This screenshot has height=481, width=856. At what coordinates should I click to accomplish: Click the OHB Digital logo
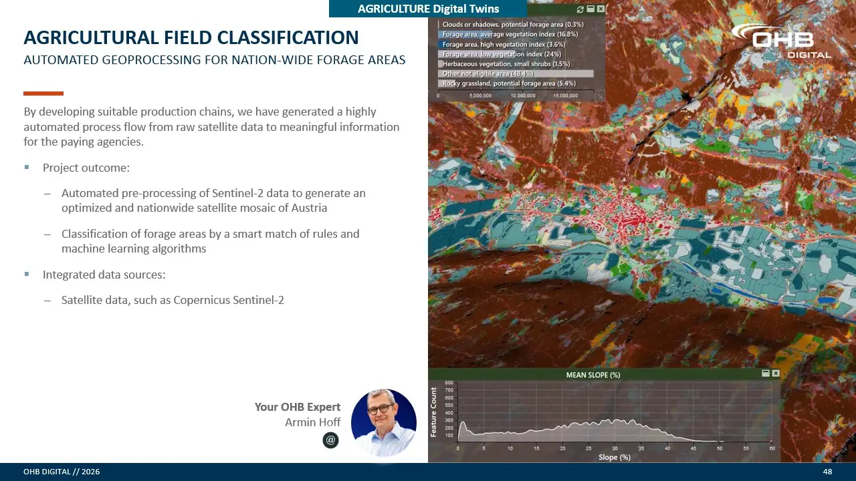pyautogui.click(x=781, y=41)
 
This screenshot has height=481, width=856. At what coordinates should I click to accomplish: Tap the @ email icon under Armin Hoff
pyautogui.click(x=330, y=440)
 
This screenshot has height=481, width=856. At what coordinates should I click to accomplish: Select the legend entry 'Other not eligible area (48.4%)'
pyautogui.click(x=488, y=73)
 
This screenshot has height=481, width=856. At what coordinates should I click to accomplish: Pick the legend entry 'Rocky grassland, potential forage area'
pyautogui.click(x=509, y=84)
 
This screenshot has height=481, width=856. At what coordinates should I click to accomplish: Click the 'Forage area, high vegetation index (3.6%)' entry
pyautogui.click(x=504, y=44)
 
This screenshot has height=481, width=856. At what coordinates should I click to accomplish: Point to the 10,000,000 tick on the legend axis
pyautogui.click(x=523, y=96)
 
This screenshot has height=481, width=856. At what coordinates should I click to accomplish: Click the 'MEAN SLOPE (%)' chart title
pyautogui.click(x=593, y=375)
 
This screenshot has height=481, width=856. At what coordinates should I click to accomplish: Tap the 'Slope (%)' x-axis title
pyautogui.click(x=614, y=457)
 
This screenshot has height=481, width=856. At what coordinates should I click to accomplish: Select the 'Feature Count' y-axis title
pyautogui.click(x=433, y=412)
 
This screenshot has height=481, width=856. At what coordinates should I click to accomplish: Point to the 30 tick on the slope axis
pyautogui.click(x=615, y=448)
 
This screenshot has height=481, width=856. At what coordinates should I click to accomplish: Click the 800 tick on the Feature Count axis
pyautogui.click(x=449, y=383)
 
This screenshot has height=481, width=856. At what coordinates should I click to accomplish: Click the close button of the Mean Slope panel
pyautogui.click(x=775, y=373)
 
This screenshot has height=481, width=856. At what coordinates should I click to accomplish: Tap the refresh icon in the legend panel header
pyautogui.click(x=580, y=9)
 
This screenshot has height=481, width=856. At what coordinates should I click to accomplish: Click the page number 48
pyautogui.click(x=827, y=472)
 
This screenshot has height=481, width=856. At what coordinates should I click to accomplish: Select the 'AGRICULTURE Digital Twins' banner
pyautogui.click(x=428, y=9)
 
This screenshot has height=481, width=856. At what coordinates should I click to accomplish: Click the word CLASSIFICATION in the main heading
pyautogui.click(x=288, y=37)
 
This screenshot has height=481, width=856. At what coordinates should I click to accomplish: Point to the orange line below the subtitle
pyautogui.click(x=43, y=94)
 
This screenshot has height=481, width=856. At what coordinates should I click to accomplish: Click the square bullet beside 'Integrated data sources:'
pyautogui.click(x=27, y=274)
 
